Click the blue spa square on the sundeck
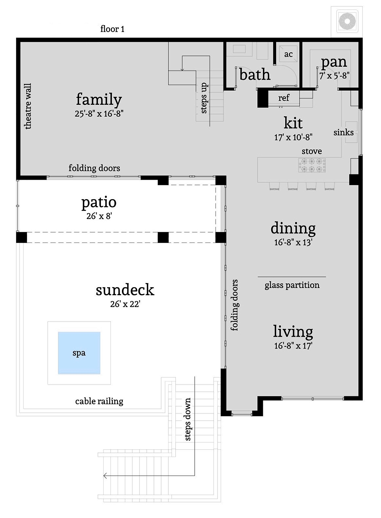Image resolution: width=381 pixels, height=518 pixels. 79,353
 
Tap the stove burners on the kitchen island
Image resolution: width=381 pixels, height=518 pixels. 312,166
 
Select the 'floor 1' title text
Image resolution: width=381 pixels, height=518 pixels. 112,29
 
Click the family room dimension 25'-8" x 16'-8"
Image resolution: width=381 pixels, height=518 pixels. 99,114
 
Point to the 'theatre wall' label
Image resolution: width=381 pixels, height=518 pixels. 28,106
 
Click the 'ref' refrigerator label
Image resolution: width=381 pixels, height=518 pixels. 283,98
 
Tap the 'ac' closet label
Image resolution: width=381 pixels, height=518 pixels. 288,54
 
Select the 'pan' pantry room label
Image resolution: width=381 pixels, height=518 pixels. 334,62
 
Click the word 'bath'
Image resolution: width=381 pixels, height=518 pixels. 255,75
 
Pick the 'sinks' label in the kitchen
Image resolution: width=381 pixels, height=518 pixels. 343,132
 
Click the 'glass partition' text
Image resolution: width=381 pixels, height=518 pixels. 292,285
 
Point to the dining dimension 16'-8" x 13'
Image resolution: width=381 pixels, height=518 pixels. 293,242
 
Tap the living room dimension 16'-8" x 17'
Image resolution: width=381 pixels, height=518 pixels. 293,346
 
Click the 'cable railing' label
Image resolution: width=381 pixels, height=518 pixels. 99,401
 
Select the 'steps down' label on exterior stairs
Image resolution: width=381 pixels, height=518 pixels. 188,419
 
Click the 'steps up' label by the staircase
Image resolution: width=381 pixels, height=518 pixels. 204,98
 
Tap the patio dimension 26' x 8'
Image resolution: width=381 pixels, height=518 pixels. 99,216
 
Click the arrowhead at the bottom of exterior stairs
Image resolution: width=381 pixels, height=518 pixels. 105,476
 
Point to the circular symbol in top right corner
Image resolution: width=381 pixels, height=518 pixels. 347,21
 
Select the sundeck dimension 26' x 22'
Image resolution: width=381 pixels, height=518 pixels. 125,304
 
